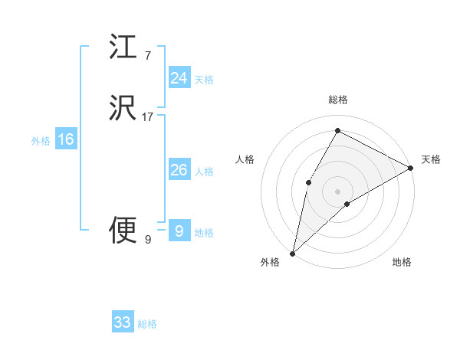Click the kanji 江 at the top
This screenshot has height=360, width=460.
point(123,47)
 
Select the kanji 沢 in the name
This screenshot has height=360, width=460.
point(123,109)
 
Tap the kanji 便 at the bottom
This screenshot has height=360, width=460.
point(123,231)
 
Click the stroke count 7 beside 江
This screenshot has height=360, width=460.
point(147,55)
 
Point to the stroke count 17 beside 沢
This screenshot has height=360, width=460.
point(148,117)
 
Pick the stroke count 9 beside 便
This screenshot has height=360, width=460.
point(147,240)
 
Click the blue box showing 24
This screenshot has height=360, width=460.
point(179,78)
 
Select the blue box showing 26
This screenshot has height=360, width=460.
point(179,170)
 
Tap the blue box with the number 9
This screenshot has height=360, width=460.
point(179,231)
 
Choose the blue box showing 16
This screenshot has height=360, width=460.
point(66,139)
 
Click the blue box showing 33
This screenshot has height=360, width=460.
point(123,322)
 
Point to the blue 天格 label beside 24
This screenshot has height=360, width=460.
point(204,80)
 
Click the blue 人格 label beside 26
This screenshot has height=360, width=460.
point(204,172)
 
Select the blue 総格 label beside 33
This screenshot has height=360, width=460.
point(147,324)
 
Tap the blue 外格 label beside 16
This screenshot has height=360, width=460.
point(41,141)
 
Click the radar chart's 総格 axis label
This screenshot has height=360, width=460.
point(337,100)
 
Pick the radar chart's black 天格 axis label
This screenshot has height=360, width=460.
point(431,159)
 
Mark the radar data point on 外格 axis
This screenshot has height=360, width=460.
point(292,253)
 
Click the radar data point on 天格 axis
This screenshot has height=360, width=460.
point(411,168)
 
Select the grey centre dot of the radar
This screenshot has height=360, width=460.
point(337,191)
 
